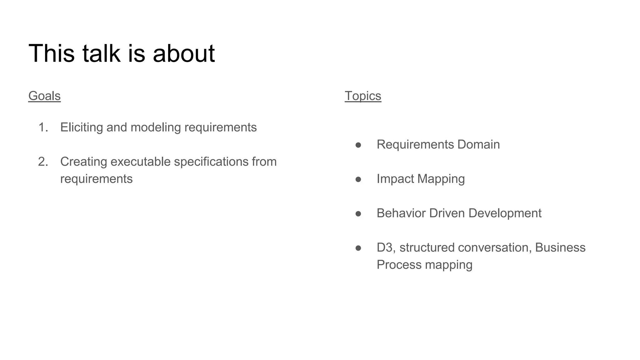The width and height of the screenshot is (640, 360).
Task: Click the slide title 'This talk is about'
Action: tap(122, 53)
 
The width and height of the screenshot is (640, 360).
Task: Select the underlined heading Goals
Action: tap(44, 96)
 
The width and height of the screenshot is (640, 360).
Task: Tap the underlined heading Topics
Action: tap(363, 96)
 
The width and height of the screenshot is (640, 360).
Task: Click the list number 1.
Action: tap(43, 127)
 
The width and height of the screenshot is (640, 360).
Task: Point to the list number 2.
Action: tap(43, 162)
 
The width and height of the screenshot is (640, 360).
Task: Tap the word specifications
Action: tap(211, 162)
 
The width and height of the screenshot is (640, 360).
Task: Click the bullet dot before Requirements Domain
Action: tap(358, 145)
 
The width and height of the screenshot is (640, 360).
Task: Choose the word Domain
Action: tap(478, 145)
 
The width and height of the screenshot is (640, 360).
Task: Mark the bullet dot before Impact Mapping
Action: tap(358, 179)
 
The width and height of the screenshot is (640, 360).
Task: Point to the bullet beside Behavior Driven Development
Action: tap(358, 214)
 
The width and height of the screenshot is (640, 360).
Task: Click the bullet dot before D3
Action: tap(358, 248)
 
